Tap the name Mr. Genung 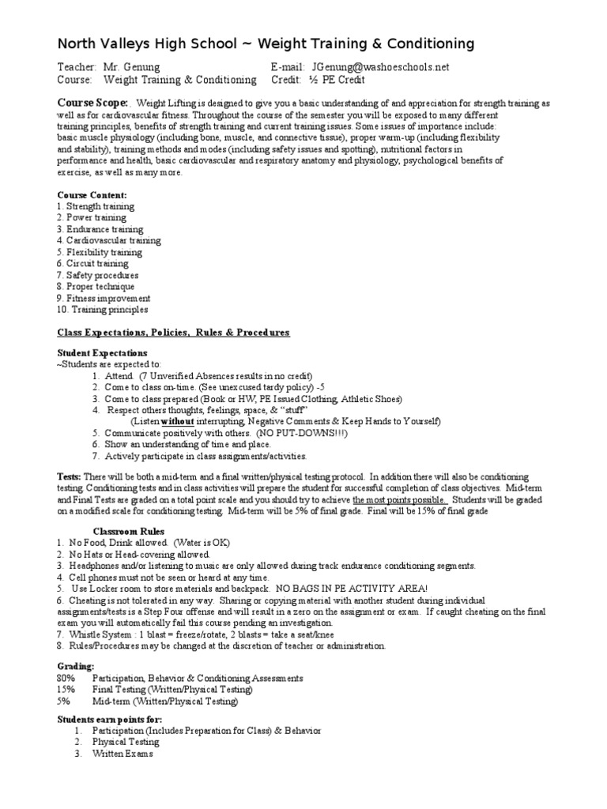[x=131, y=67]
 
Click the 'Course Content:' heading [x=92, y=194]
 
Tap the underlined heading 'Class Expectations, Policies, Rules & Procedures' [x=173, y=333]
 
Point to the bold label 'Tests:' [x=70, y=478]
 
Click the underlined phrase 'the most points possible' [x=400, y=500]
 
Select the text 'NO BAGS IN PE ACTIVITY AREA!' [x=351, y=589]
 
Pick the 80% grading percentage [x=66, y=678]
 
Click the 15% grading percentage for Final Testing [x=66, y=690]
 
